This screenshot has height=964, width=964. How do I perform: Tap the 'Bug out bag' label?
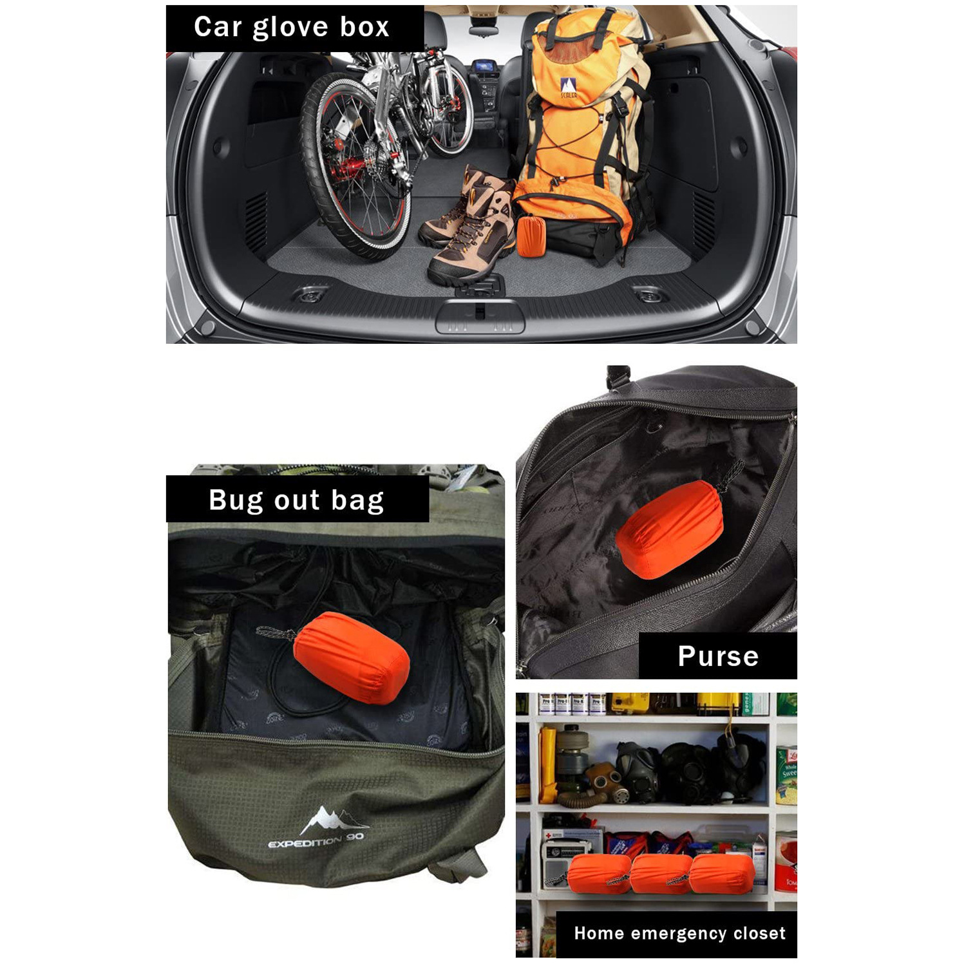coord(297,500)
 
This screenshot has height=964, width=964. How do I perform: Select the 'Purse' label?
coord(717,656)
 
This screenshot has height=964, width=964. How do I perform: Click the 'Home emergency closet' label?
coord(679,933)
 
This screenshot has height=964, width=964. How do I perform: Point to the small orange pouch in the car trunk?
coord(531,236)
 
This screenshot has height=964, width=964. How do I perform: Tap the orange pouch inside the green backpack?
coord(351,657)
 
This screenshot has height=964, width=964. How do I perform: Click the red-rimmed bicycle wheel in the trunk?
coord(354,167)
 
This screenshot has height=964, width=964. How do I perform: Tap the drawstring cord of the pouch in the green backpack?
coord(275,634)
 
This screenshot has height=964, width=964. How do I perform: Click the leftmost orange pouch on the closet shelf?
coord(599,874)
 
